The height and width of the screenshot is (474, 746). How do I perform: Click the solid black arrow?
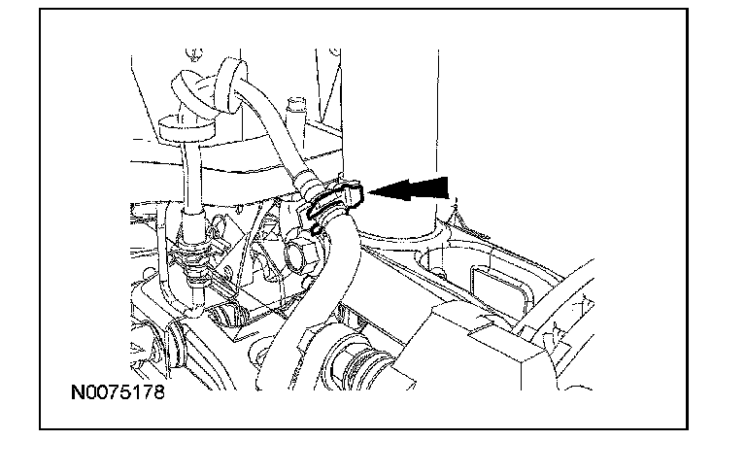coord(409,189)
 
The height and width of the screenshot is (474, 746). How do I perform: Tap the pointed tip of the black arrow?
coord(368,191)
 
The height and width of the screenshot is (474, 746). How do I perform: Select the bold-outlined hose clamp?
coord(335,201)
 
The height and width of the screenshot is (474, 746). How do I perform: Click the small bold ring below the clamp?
coord(316,230)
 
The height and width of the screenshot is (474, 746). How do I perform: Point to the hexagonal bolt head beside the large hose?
coord(303,257)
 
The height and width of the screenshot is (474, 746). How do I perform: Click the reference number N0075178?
coord(118,392)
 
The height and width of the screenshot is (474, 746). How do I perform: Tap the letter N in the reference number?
coord(77,392)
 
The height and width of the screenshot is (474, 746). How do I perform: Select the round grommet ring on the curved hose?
coord(232,85)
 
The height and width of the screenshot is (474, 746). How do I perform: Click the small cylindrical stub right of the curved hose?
coord(296,111)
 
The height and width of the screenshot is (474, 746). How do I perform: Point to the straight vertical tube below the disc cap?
coord(192,175)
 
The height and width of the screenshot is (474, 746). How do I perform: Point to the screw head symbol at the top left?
coord(194,54)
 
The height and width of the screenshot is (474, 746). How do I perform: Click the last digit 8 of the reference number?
coord(159,392)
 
